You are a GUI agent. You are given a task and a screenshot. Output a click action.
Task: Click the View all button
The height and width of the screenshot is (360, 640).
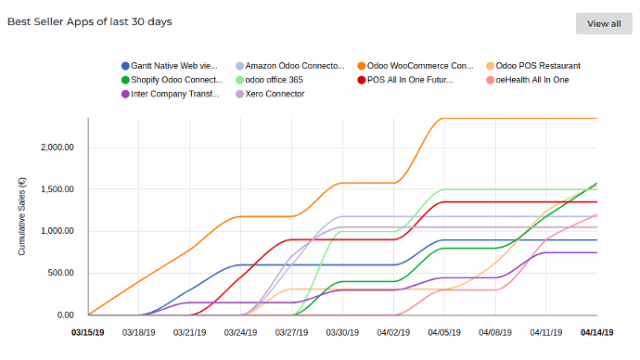(x=604, y=23)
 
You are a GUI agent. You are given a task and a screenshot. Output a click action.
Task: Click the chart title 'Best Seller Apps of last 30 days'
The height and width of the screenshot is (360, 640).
(x=90, y=20)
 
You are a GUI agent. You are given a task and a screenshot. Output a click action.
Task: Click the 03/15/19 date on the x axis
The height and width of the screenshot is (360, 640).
(x=89, y=331)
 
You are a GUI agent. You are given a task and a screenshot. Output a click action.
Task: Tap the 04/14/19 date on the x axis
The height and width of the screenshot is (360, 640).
(x=596, y=331)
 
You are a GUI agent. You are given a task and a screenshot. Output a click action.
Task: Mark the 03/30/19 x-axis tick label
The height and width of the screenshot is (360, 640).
(x=342, y=331)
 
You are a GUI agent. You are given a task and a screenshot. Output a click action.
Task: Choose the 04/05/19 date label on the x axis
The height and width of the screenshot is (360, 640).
(x=443, y=331)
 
